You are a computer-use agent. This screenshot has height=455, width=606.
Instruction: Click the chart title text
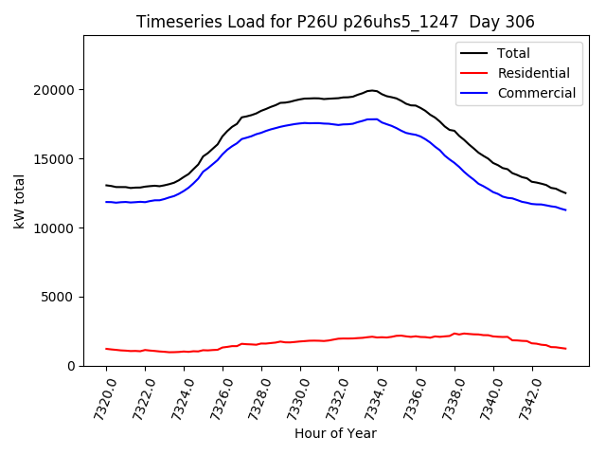(335, 22)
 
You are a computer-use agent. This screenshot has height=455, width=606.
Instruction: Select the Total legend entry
(513, 53)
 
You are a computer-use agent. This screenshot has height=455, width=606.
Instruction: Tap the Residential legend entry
(533, 73)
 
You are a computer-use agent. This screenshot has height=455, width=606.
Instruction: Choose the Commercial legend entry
(535, 93)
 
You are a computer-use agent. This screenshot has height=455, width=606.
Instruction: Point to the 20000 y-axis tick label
(58, 90)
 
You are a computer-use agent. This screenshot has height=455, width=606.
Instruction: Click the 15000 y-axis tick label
(58, 159)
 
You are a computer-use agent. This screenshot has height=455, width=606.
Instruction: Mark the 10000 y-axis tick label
(58, 228)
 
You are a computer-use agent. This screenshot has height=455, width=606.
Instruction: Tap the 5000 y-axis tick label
(62, 298)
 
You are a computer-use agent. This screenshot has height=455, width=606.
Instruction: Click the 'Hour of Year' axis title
(335, 433)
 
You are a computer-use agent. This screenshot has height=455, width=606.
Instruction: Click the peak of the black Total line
(372, 90)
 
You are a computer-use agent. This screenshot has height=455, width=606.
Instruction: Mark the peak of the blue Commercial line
(372, 119)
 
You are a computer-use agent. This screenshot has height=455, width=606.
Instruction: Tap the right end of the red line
(566, 349)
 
